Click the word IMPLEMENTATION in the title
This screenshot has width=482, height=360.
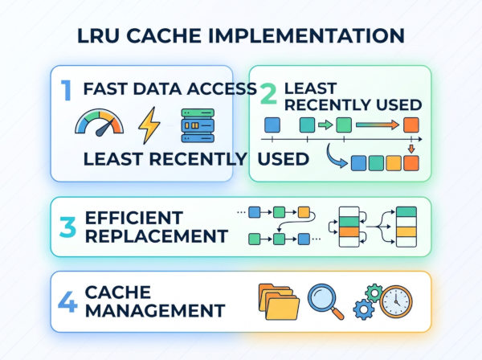point(307,35)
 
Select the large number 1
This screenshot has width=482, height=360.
point(66,90)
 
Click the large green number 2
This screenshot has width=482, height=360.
point(268,94)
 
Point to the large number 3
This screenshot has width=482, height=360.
point(67,227)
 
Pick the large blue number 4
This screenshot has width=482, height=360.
point(67,301)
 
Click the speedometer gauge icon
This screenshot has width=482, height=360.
point(100,122)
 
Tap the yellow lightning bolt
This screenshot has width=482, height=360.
point(149,125)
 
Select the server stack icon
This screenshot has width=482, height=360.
point(198,125)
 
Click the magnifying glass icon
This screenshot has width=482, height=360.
point(325,301)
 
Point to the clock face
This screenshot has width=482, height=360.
point(396,301)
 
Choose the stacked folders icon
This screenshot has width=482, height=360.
point(279,301)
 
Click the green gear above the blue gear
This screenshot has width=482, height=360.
point(374,293)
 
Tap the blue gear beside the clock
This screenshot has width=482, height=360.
point(363,309)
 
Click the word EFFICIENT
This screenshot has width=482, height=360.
point(134,218)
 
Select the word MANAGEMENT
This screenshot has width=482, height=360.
point(155,310)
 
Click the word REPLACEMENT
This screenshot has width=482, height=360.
point(156,236)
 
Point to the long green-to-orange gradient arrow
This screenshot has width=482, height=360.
point(378,125)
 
